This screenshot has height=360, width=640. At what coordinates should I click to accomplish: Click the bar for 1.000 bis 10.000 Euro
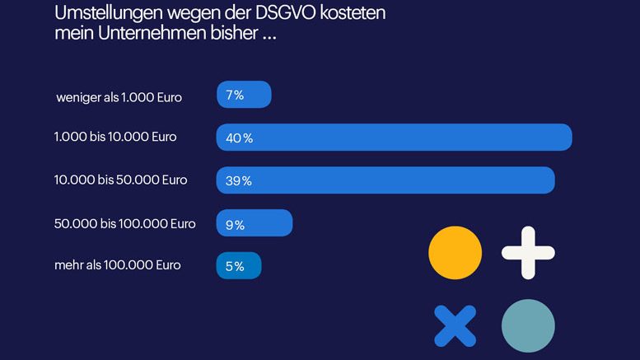click(394, 138)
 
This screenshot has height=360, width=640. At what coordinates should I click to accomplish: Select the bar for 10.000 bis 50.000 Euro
click(385, 180)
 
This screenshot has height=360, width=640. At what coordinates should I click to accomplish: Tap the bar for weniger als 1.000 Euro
click(244, 95)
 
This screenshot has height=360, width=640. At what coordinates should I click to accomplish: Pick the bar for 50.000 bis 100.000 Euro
click(255, 223)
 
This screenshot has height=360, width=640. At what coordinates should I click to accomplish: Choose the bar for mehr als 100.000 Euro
click(239, 266)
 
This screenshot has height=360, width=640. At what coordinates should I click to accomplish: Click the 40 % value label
click(239, 138)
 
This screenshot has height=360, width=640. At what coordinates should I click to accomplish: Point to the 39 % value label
click(238, 181)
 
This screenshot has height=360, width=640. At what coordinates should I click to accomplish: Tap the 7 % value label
click(235, 96)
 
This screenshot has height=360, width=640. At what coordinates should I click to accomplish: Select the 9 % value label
click(235, 224)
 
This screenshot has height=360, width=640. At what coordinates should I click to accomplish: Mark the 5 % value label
click(235, 267)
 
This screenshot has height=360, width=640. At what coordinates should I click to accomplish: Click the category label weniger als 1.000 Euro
click(119, 97)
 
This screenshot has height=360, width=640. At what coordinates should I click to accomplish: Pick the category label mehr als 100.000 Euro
click(117, 265)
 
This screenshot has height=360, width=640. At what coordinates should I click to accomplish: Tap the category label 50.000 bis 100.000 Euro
click(124, 223)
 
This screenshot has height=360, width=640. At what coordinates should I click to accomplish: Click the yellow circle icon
click(455, 253)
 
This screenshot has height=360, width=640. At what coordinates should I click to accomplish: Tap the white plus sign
click(528, 253)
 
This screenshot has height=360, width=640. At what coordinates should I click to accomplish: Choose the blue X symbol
click(455, 325)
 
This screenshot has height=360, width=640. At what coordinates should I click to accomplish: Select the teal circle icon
click(528, 325)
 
